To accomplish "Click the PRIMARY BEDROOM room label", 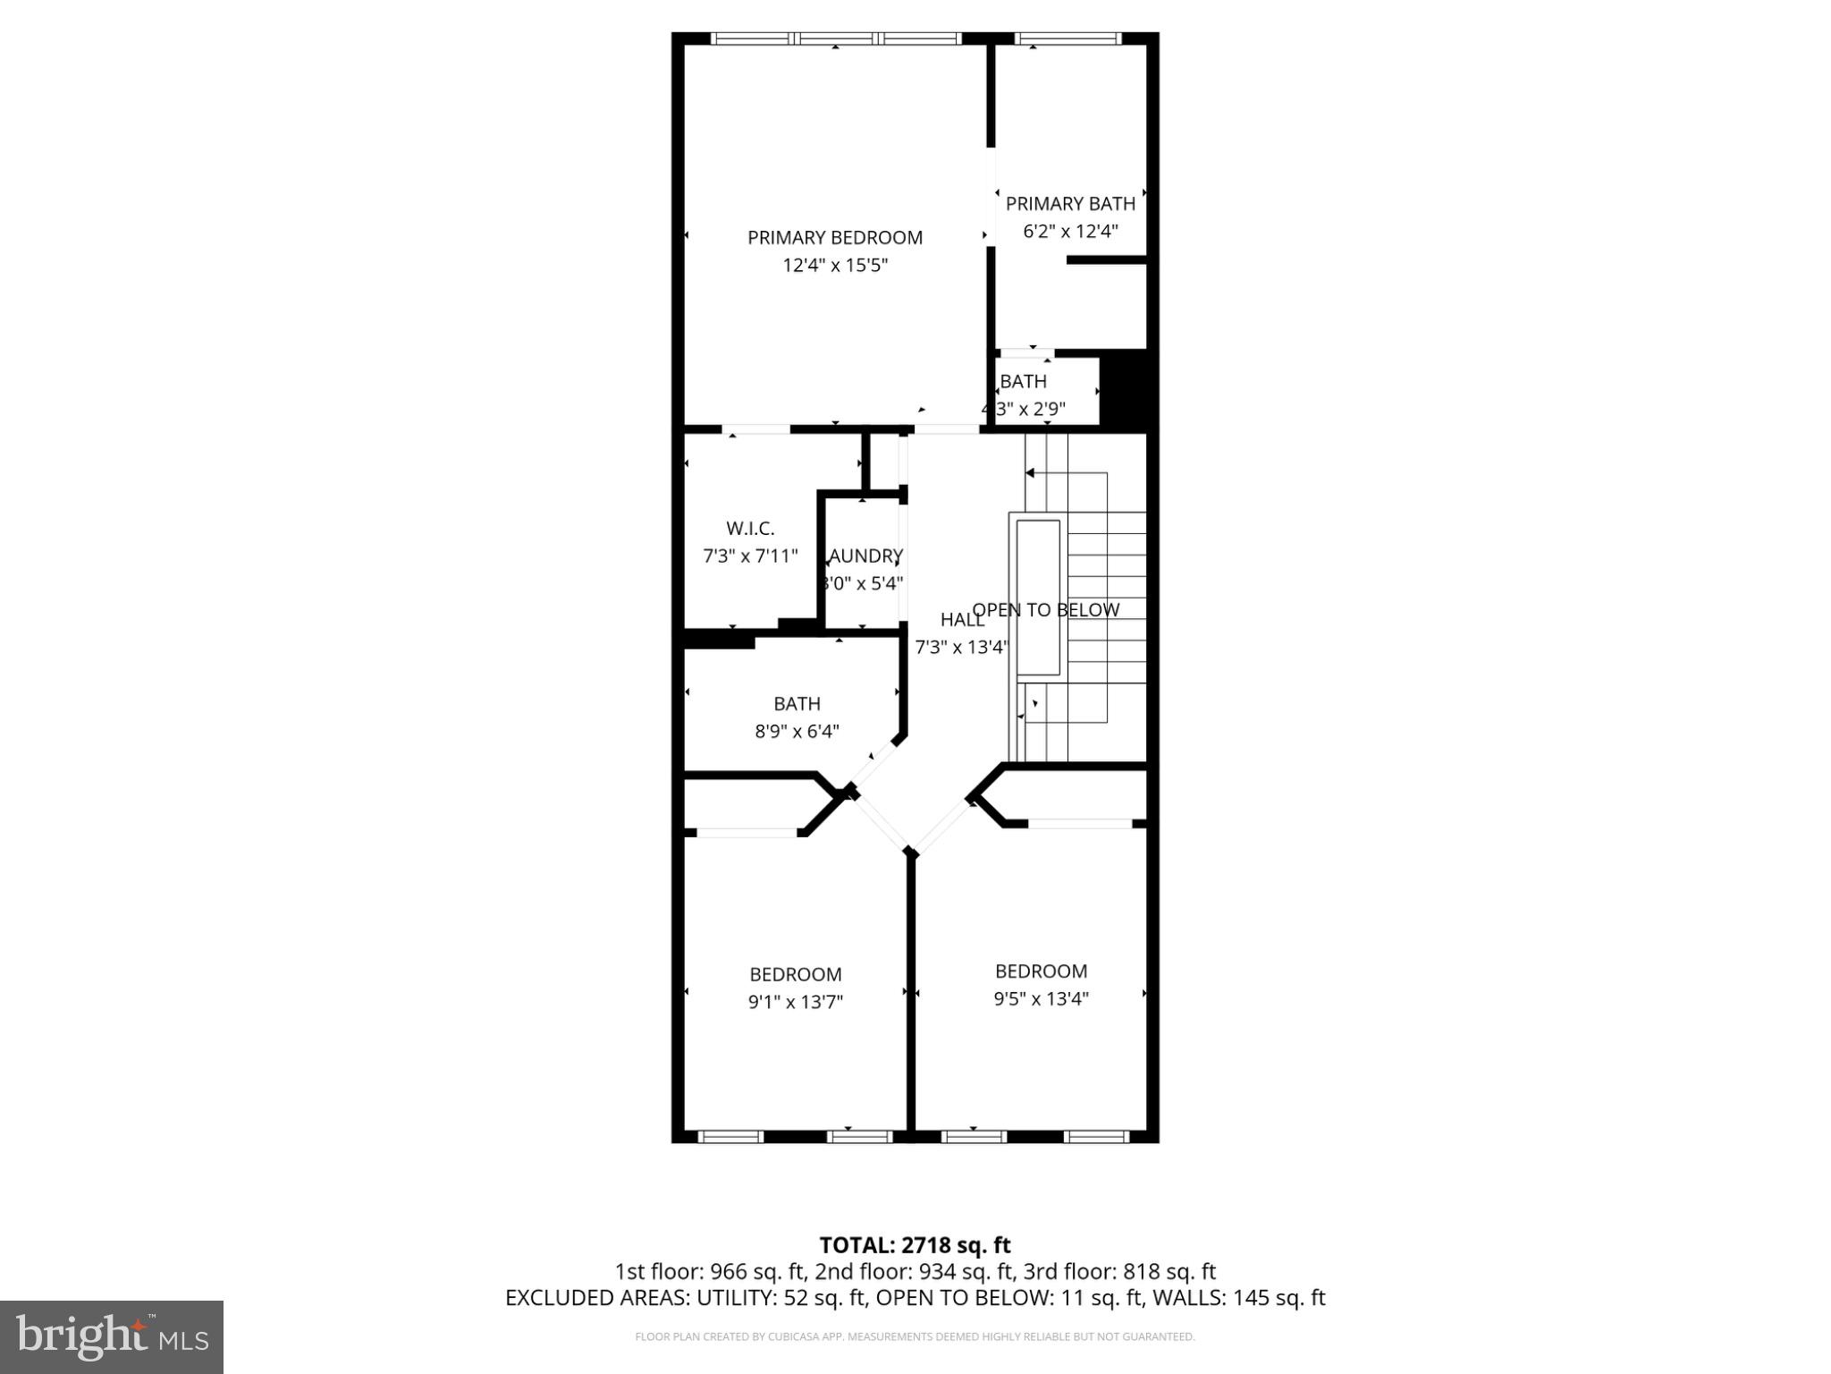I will [834, 237].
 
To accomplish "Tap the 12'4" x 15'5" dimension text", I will [835, 265].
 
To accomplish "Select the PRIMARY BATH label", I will [1070, 204].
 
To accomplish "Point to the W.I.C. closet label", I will [750, 529].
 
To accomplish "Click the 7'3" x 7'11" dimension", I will [750, 556].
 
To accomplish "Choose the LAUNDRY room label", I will [865, 556].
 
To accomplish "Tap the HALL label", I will [962, 620].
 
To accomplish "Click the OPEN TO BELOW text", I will [1045, 610].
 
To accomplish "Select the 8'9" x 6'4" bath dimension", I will [797, 732].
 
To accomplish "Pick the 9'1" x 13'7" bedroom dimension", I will [796, 1002].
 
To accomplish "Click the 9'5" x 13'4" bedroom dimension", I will [1041, 998].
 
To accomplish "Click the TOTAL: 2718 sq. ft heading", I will [915, 1245].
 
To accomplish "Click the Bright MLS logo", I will [112, 1336].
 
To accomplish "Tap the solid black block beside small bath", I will [1127, 390].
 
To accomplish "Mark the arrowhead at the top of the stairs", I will [1029, 473].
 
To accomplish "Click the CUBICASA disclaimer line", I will [915, 1337].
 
